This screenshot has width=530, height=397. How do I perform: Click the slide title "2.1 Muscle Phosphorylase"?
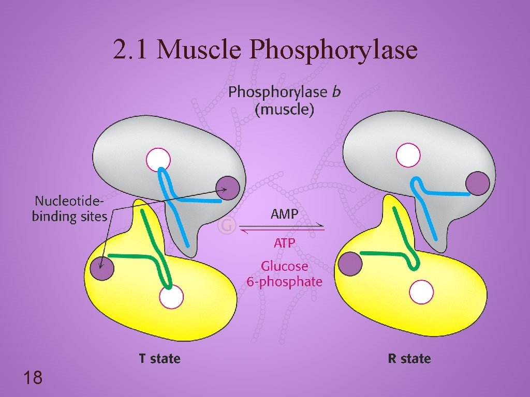coord(265,50)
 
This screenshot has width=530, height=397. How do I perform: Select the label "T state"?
coord(159,358)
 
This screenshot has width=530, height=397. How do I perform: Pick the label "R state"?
coord(409,358)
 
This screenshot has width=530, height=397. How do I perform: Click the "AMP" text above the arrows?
coord(284,214)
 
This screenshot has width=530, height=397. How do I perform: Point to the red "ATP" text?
coord(284,242)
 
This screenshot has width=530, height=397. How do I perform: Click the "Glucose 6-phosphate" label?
coord(284,274)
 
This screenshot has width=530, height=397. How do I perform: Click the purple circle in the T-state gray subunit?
coord(228,188)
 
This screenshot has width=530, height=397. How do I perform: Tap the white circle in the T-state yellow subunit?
coord(171,297)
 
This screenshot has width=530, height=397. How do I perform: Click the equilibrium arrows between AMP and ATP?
coord(283,228)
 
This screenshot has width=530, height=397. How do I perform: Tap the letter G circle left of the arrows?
coord(226,226)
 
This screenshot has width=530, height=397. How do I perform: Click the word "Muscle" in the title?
coord(200,50)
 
